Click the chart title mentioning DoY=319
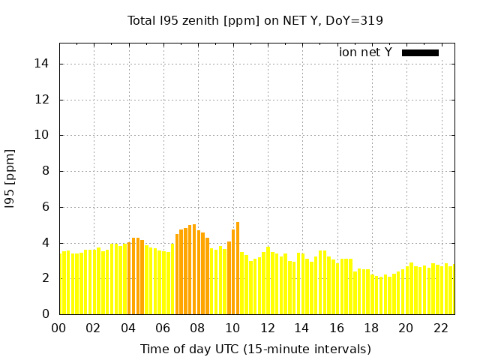coord(256,20)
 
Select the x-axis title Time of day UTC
coord(256,349)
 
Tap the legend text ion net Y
coord(365,52)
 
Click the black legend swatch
coord(420,52)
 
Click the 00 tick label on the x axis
coord(58,328)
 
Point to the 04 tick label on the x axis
coord(128,328)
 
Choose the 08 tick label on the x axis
coord(197,328)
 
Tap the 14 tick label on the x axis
coord(301,328)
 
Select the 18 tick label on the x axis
coord(371,328)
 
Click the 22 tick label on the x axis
coord(440,328)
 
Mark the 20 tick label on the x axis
coord(406,328)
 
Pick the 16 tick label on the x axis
coord(336,328)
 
